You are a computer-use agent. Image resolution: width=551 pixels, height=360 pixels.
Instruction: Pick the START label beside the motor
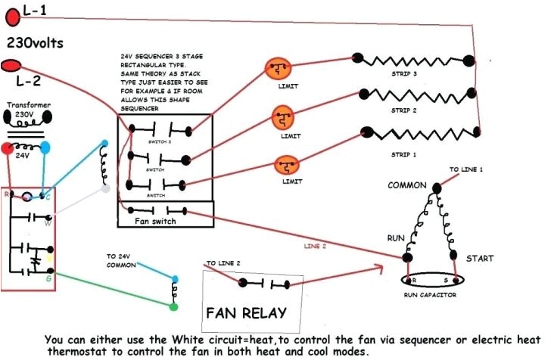pos(479,258)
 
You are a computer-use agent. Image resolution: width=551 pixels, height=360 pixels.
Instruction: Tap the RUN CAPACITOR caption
pos(429,295)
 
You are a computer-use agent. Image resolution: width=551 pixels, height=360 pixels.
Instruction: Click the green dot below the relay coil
pos(174,308)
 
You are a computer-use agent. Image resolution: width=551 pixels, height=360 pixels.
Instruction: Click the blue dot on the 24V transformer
pos(45,147)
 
